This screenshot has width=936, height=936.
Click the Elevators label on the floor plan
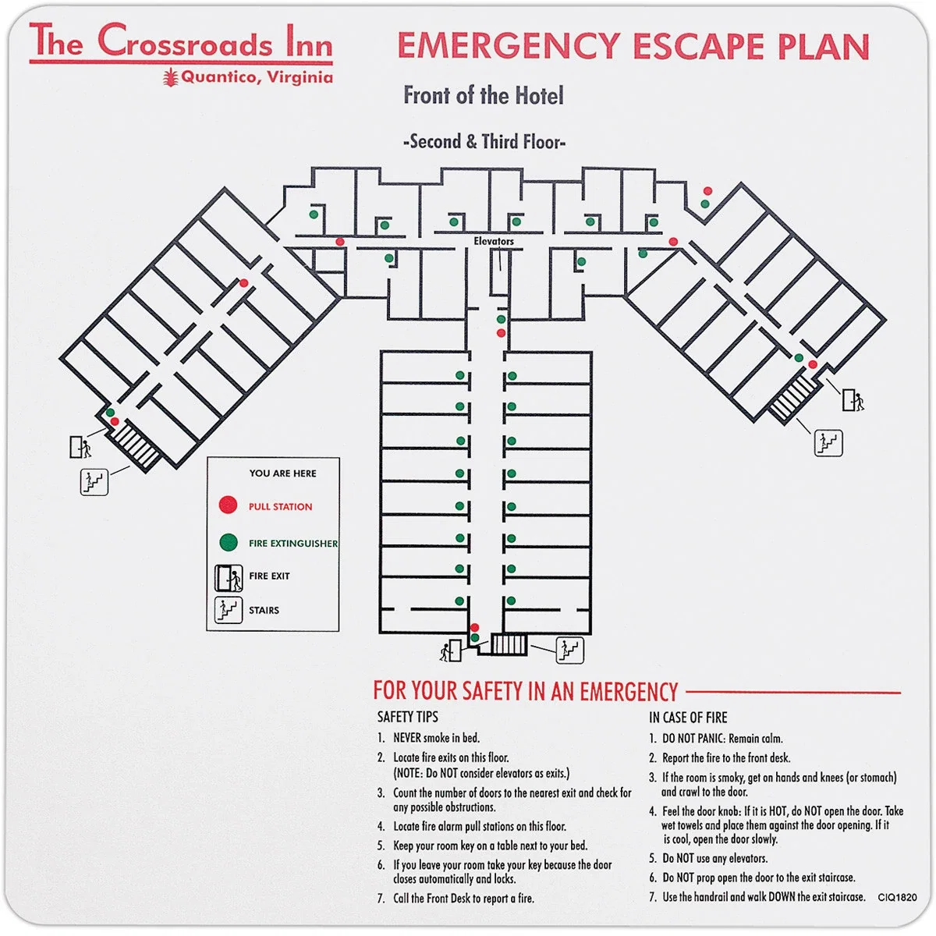pyautogui.click(x=494, y=241)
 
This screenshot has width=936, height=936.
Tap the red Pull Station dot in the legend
pyautogui.click(x=228, y=505)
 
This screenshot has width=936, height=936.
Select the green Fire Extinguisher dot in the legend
pyautogui.click(x=229, y=543)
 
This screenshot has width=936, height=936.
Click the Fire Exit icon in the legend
pyautogui.click(x=229, y=578)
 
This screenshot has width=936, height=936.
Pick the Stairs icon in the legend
pyautogui.click(x=229, y=610)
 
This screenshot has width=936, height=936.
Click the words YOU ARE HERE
pyautogui.click(x=282, y=473)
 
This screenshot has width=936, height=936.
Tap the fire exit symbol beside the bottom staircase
pyautogui.click(x=452, y=651)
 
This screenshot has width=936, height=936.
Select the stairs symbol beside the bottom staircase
pyautogui.click(x=569, y=650)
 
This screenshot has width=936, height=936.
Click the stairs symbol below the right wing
pyautogui.click(x=828, y=443)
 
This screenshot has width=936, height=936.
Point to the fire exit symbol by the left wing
pyautogui.click(x=80, y=447)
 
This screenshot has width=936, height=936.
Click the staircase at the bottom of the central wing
pyautogui.click(x=509, y=644)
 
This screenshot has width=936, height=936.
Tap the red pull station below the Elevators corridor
pyautogui.click(x=501, y=333)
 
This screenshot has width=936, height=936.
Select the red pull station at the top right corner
pyautogui.click(x=707, y=191)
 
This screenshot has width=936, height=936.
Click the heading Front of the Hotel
pyautogui.click(x=484, y=95)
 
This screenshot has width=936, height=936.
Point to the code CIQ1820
pyautogui.click(x=897, y=897)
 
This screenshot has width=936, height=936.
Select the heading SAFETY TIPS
pyautogui.click(x=407, y=717)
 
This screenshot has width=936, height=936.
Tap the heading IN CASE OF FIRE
pyautogui.click(x=688, y=718)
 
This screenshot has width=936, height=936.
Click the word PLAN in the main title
pyautogui.click(x=823, y=47)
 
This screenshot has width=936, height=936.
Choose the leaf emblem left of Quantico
pyautogui.click(x=170, y=77)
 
